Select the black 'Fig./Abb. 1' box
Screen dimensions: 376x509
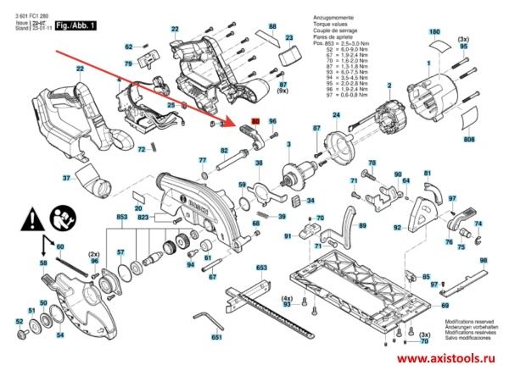[79, 26]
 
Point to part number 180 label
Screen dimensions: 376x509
[435, 32]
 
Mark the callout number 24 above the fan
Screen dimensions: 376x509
[336, 115]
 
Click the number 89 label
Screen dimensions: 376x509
[362, 226]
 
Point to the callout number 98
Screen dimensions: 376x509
[483, 261]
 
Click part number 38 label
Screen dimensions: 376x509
[259, 163]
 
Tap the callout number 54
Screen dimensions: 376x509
[59, 335]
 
